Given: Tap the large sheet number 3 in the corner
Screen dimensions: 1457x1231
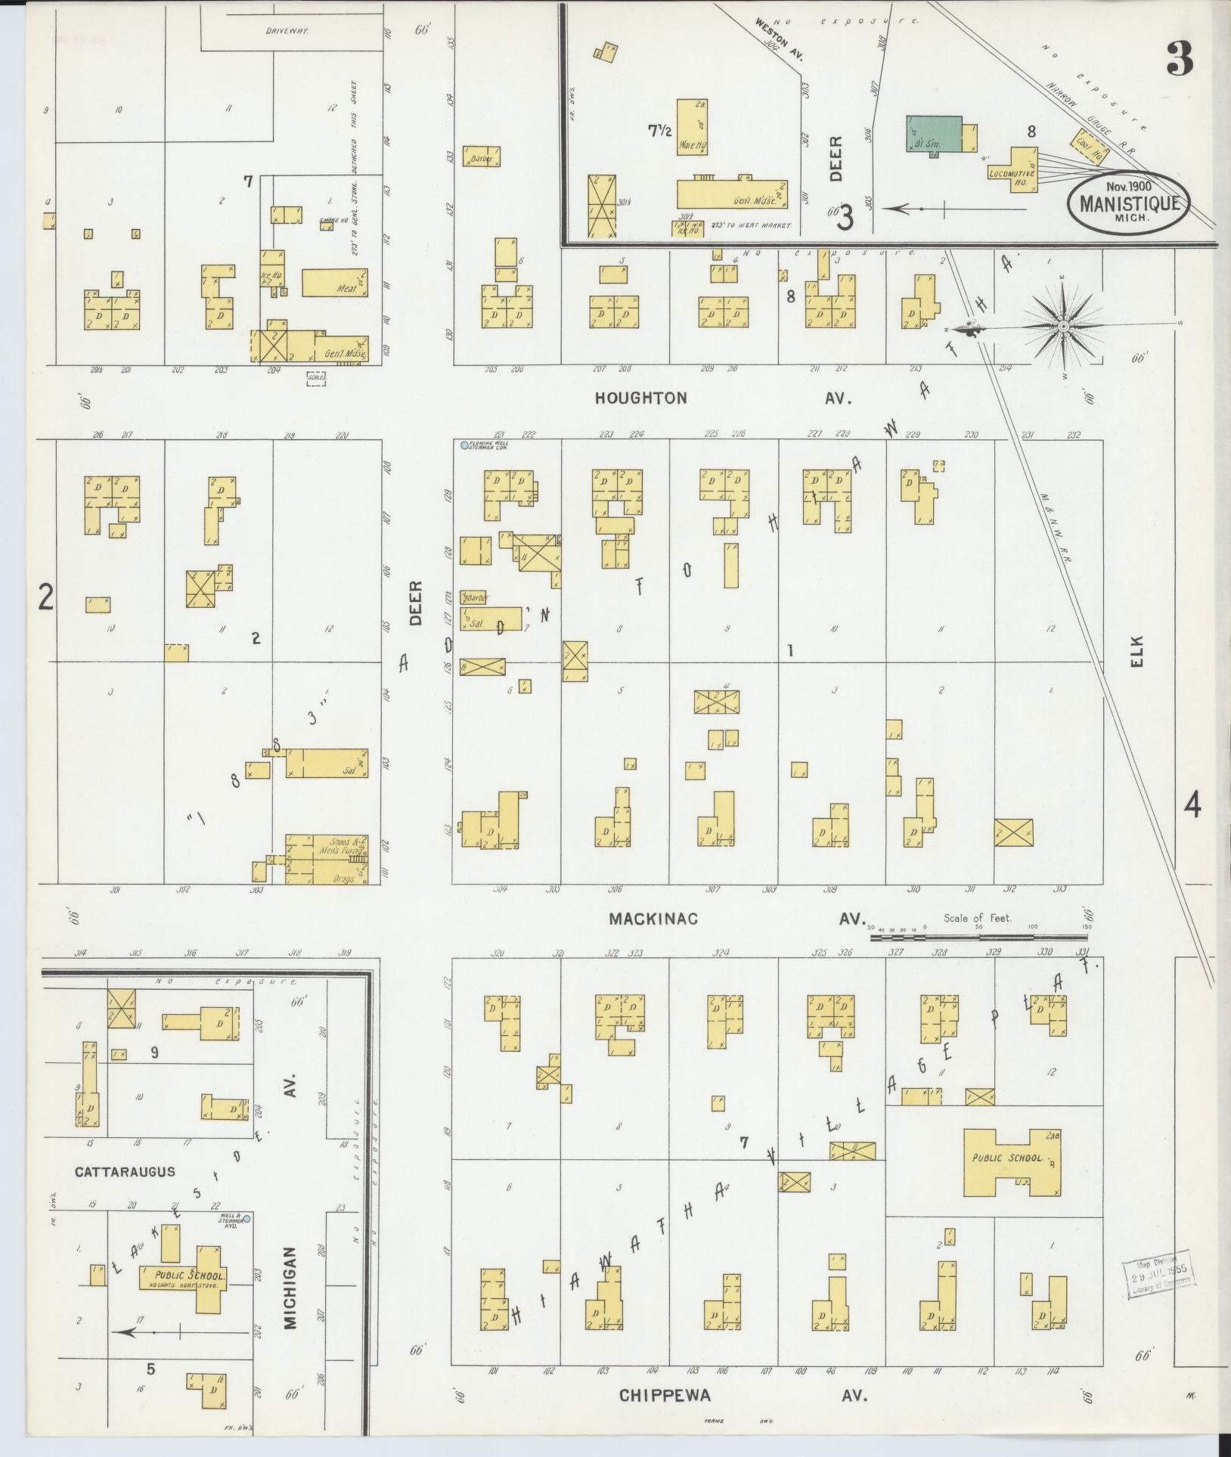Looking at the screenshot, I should tap(1180, 59).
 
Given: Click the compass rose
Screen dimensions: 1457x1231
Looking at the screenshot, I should tap(1062, 326).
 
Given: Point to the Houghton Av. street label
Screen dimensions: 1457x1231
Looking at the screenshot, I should tap(640, 398).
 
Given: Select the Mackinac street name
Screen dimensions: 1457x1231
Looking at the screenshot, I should tap(653, 919).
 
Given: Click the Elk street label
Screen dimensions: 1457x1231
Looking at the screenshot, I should tap(1138, 651).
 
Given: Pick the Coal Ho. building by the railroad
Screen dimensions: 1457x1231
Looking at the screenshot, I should tap(1089, 147).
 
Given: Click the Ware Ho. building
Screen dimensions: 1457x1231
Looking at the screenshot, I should tap(691, 127).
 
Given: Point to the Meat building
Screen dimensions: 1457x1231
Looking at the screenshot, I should tap(335, 283).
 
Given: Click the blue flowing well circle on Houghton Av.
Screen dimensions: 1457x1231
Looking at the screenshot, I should tap(464, 446).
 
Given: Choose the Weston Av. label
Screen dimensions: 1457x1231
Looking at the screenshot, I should tap(776, 38).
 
